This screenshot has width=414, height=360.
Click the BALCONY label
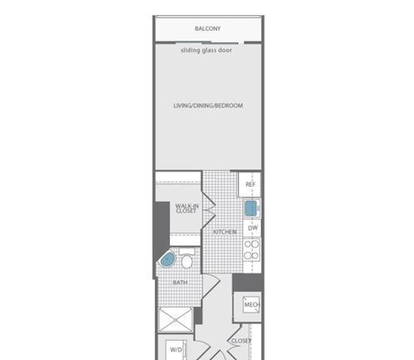point(207,28)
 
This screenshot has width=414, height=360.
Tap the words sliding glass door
point(207,50)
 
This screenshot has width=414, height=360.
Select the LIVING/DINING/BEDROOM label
point(208,106)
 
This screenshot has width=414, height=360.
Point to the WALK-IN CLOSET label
point(187,208)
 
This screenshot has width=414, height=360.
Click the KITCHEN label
point(225,232)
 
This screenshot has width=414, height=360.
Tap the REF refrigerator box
point(250,184)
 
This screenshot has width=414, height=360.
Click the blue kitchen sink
point(251,208)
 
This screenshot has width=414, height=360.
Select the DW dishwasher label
point(252,228)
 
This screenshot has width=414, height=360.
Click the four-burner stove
point(252,250)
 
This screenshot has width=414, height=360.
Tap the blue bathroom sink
point(167,260)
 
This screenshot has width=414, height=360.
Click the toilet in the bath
point(187,258)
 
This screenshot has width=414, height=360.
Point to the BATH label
point(180,282)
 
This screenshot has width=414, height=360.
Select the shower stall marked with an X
point(175,320)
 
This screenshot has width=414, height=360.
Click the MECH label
point(252,305)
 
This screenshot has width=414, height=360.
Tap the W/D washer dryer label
point(176,349)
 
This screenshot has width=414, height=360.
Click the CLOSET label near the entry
point(241,341)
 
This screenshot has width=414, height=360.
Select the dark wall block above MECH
point(247,282)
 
